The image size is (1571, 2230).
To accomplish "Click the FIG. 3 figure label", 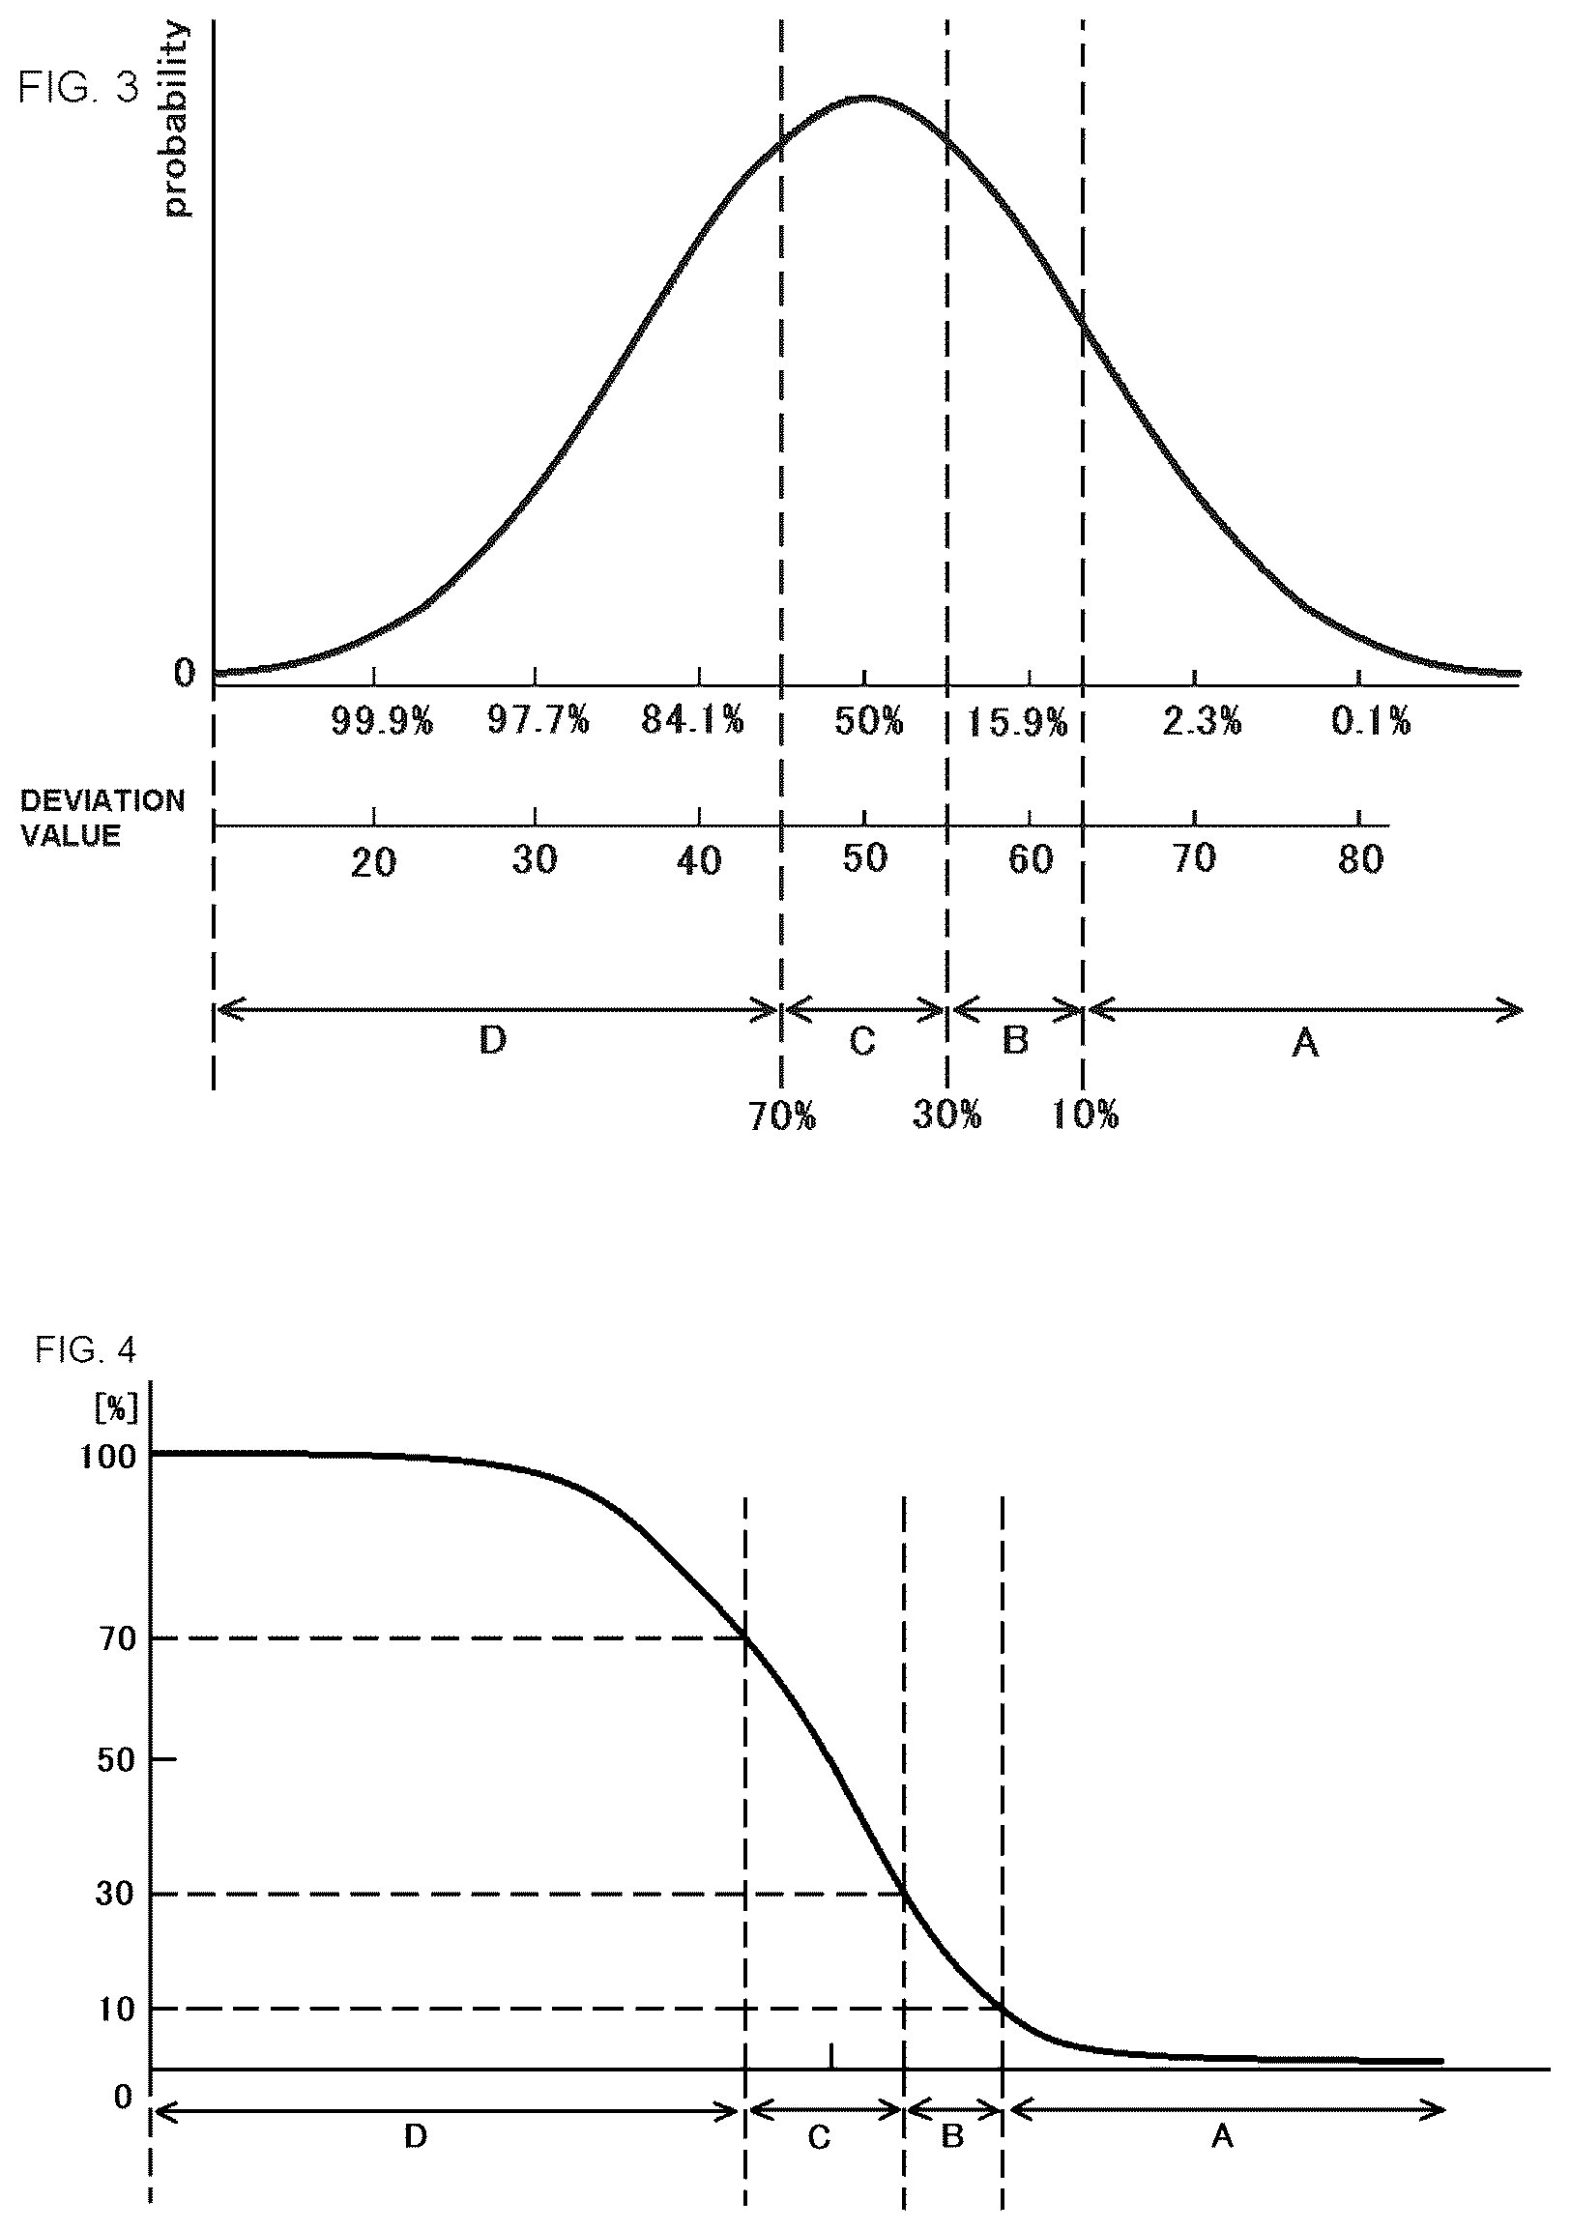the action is [x=78, y=88].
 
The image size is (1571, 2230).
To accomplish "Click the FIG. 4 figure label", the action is [x=85, y=1350].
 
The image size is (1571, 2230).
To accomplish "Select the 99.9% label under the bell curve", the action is [x=382, y=721].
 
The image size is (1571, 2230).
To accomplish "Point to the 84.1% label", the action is [x=693, y=721].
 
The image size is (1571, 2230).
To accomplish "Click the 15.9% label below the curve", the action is [x=1017, y=723].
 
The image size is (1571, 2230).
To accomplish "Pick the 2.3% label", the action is [x=1202, y=722].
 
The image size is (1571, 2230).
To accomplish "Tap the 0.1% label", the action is [x=1371, y=721].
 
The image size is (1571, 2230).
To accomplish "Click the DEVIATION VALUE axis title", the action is [x=102, y=818].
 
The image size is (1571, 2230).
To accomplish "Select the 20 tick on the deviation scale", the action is [x=373, y=862].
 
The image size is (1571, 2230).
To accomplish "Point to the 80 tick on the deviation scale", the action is [x=1360, y=859].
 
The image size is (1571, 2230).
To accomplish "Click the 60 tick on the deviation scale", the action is [x=1031, y=859].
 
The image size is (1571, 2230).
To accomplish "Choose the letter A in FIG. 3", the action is [x=1305, y=1043].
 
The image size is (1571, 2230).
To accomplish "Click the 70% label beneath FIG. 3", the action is [x=782, y=1117].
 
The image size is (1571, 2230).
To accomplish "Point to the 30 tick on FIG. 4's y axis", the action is [x=115, y=1893].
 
